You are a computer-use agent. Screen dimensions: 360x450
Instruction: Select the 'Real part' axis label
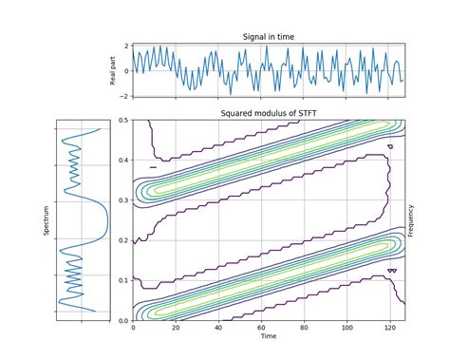113,70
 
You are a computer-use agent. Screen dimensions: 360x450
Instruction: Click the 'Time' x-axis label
269,336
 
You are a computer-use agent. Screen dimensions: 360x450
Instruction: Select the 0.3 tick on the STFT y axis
122,200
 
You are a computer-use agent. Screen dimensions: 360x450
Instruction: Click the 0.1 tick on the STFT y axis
122,281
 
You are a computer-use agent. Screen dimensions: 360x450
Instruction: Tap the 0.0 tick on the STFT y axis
122,321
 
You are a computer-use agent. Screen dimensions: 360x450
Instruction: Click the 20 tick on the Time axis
176,328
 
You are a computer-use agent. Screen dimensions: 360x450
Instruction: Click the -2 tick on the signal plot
123,96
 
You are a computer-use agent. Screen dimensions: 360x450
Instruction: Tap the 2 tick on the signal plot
124,46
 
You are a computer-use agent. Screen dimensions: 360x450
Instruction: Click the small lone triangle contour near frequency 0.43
390,146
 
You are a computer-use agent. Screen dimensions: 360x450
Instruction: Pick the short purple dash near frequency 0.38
153,167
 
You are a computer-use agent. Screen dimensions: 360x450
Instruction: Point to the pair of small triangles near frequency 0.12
392,271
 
